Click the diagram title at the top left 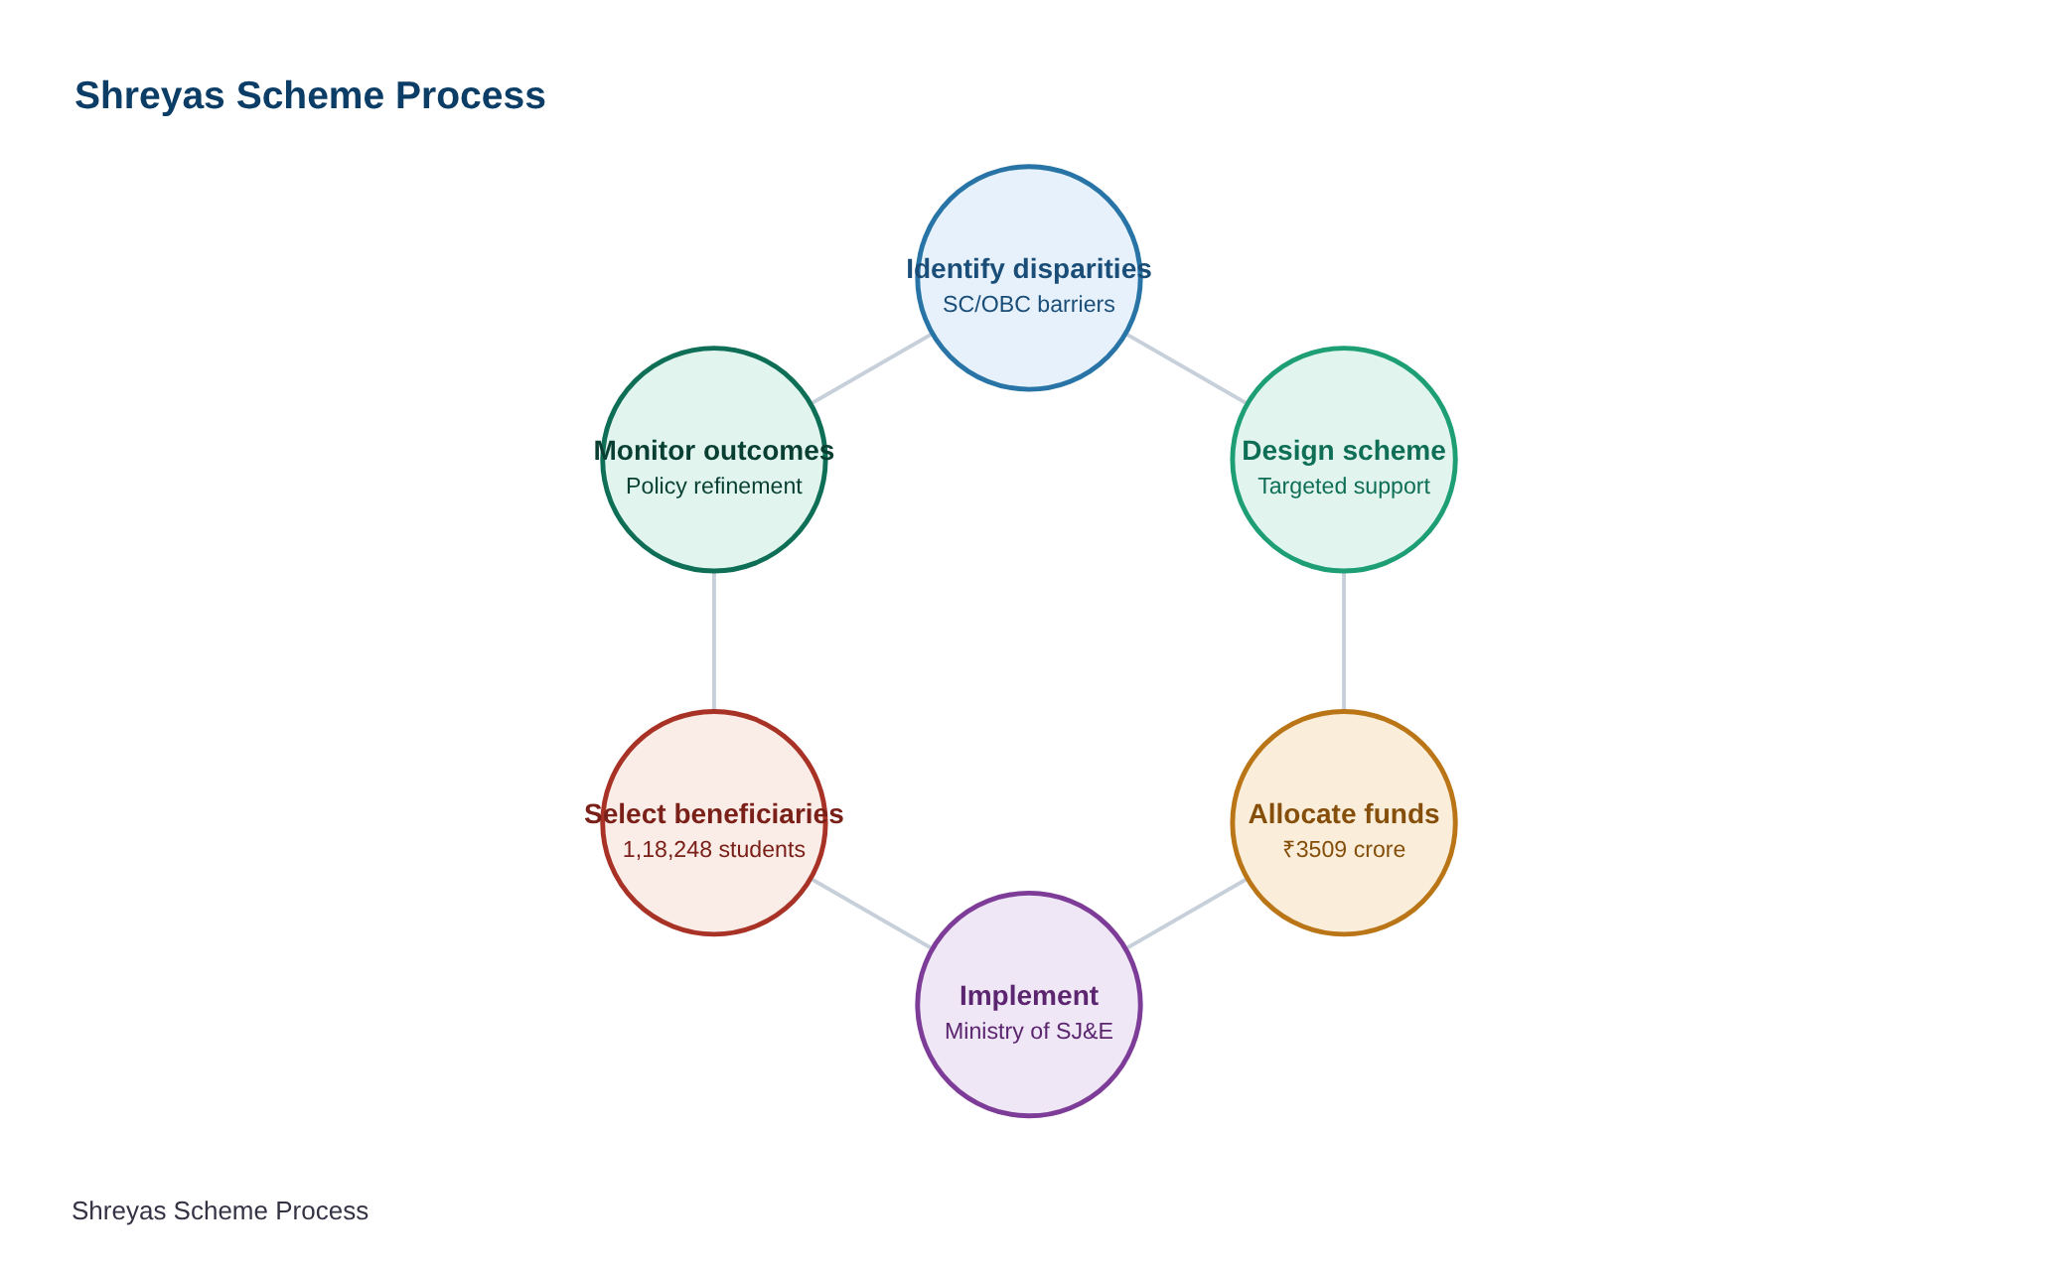[310, 96]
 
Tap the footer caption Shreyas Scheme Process [220, 1211]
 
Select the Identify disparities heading [1029, 269]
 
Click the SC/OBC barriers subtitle [1029, 305]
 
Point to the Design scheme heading [1344, 451]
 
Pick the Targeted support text [1344, 487]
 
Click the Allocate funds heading [1344, 814]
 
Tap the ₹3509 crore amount [1344, 850]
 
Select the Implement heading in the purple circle [1029, 996]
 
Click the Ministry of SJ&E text [1029, 1032]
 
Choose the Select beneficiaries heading [714, 814]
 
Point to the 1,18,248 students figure [714, 850]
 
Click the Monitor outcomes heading [714, 451]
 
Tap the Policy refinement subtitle [714, 487]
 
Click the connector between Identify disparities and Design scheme [1186, 368]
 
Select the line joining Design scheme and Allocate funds [1344, 641]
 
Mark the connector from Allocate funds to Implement [1186, 914]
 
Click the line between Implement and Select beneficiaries [871, 914]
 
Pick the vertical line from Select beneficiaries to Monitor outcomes [714, 641]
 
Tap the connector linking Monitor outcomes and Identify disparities [871, 368]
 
